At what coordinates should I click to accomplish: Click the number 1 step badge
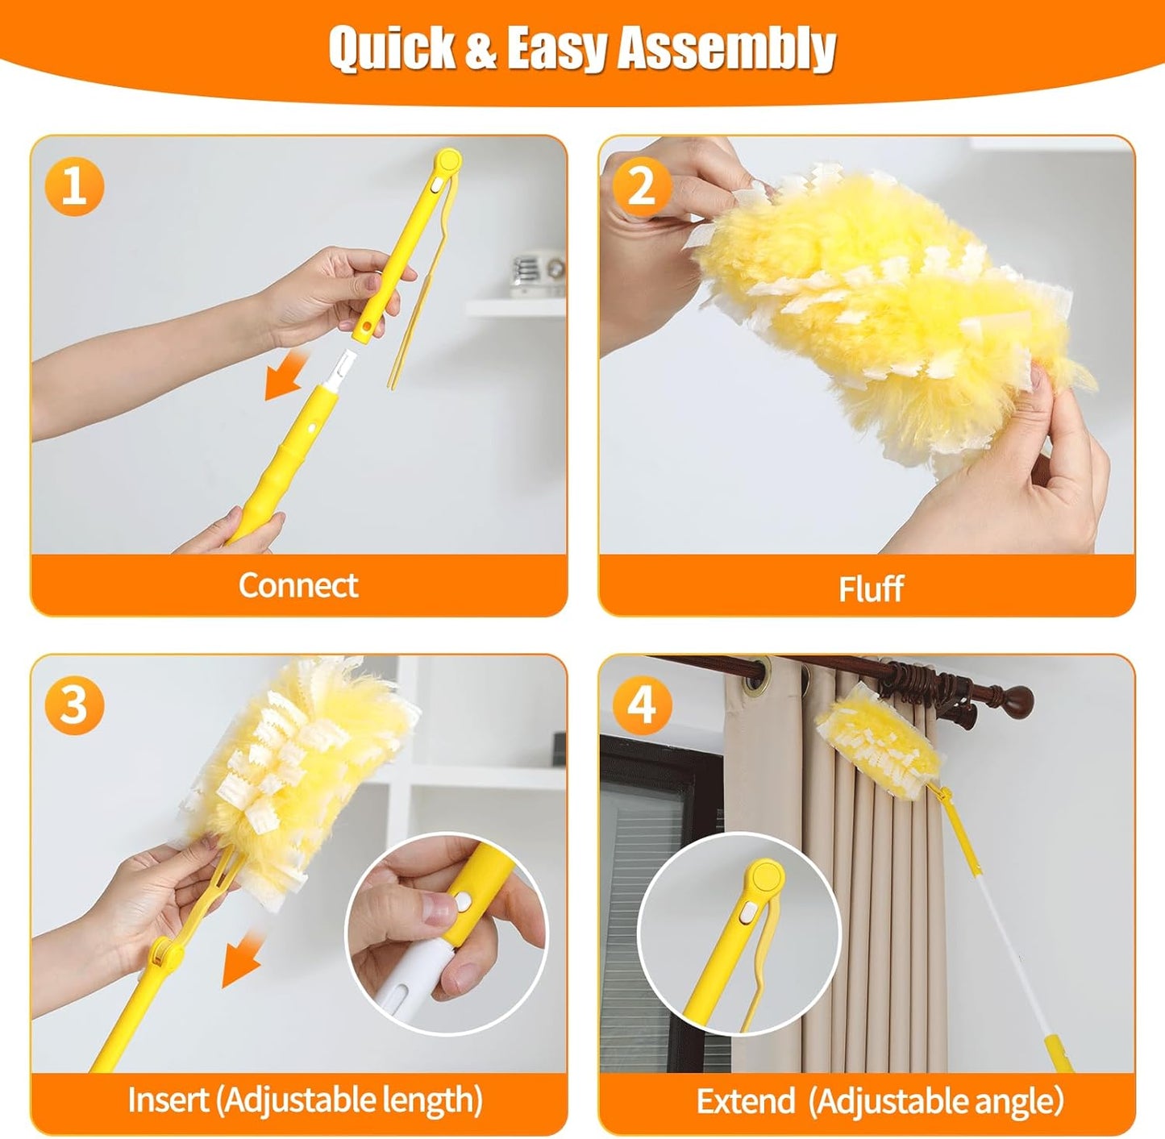coord(74,186)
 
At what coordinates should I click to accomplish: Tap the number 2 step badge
coord(642,186)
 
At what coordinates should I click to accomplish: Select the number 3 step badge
coord(74,705)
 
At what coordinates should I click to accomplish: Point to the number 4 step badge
coord(642,705)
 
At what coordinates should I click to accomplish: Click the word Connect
coord(297,585)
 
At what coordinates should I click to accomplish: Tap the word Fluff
coord(870,588)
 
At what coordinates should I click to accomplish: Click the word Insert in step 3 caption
coord(168,1100)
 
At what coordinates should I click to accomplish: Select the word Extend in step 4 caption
coord(745,1101)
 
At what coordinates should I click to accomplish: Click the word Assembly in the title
coord(726,48)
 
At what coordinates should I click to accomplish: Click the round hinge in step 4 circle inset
coord(763,876)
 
